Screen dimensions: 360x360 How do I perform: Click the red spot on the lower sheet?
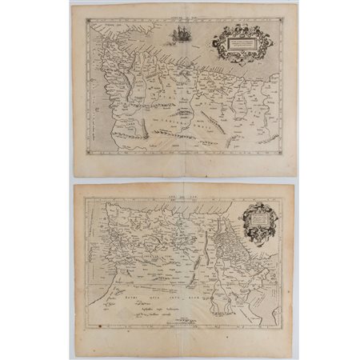click(97, 327)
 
